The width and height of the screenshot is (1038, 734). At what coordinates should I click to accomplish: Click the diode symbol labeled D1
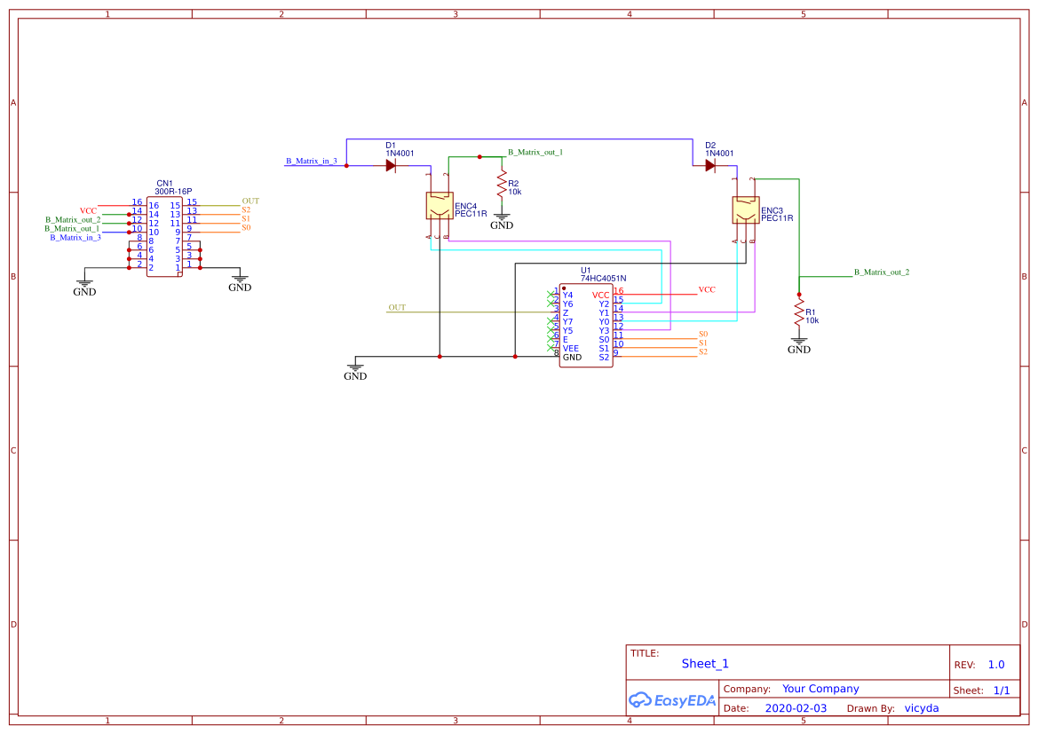(x=391, y=165)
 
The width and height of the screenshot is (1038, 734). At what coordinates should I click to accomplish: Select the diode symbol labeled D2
(x=710, y=165)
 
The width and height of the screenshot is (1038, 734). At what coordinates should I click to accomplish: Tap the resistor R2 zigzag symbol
(x=502, y=185)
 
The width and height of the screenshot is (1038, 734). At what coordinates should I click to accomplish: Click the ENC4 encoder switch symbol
(x=440, y=206)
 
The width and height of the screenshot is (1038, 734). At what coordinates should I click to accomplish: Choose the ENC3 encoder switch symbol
(x=745, y=210)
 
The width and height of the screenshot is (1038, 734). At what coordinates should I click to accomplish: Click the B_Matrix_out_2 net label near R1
(x=881, y=272)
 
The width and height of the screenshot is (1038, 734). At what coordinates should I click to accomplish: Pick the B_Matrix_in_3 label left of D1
(x=311, y=162)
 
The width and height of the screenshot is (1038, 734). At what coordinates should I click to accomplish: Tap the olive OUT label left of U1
(x=397, y=308)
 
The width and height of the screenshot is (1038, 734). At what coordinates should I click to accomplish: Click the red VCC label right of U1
(x=707, y=290)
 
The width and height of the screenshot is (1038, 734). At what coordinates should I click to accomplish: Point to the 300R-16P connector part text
(x=173, y=192)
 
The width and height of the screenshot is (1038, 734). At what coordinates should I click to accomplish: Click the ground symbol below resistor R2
(x=502, y=221)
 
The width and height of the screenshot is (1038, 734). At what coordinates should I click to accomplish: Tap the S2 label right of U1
(x=703, y=352)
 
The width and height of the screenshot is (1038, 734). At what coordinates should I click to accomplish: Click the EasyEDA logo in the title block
(x=672, y=700)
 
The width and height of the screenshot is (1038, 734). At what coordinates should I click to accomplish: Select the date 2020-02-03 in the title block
(x=795, y=708)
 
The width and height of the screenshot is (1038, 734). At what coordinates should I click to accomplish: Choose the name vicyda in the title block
(x=921, y=708)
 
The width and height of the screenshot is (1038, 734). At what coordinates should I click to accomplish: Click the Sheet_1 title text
(x=705, y=664)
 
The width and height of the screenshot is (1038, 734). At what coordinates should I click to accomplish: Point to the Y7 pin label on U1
(x=568, y=321)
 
